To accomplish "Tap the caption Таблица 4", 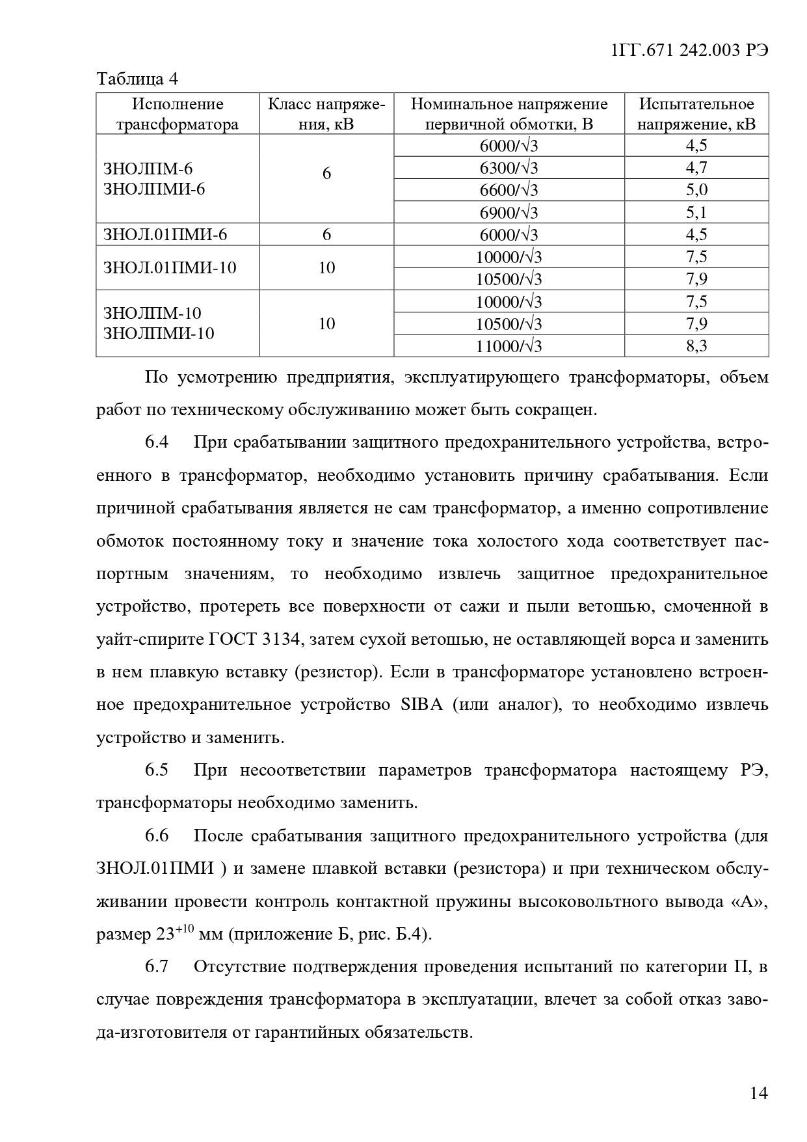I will pyautogui.click(x=137, y=79).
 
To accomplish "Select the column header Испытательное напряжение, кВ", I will pyautogui.click(x=696, y=114).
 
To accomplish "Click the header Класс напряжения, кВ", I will pyautogui.click(x=326, y=114).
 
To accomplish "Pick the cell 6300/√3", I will pyautogui.click(x=509, y=168).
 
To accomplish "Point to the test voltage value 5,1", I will pyautogui.click(x=696, y=212).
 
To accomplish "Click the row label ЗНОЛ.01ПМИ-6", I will pyautogui.click(x=165, y=235).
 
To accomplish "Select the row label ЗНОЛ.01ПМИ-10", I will pyautogui.click(x=170, y=267).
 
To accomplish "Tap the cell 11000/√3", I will pyautogui.click(x=509, y=346).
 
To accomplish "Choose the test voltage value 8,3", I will pyautogui.click(x=696, y=346).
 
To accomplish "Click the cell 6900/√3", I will pyautogui.click(x=509, y=212).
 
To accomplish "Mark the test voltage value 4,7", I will pyautogui.click(x=696, y=168).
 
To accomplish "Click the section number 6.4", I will pyautogui.click(x=157, y=442).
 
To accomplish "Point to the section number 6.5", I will pyautogui.click(x=157, y=770).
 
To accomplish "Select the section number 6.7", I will pyautogui.click(x=157, y=967).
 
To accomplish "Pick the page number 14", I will pyautogui.click(x=759, y=1093).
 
